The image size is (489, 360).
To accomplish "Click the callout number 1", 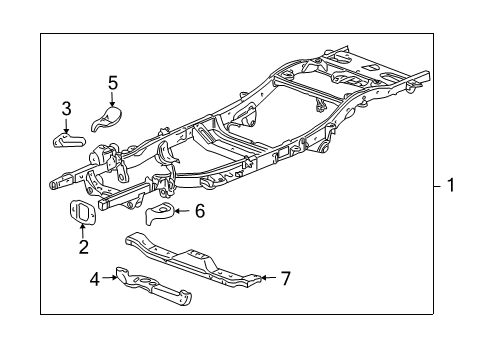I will pyautogui.click(x=451, y=185).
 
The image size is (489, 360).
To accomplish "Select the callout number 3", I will pyautogui.click(x=66, y=108).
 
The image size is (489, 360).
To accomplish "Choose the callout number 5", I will pyautogui.click(x=113, y=82).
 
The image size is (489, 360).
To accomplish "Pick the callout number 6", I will pyautogui.click(x=199, y=210).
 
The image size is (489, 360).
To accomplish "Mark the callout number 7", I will pyautogui.click(x=286, y=278).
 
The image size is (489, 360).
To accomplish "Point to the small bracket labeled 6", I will pyautogui.click(x=159, y=213).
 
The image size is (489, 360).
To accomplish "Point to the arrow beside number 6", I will pyautogui.click(x=182, y=210).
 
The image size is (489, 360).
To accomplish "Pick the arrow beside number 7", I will pyautogui.click(x=267, y=278).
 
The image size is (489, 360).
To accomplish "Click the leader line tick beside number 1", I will pyautogui.click(x=436, y=185).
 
